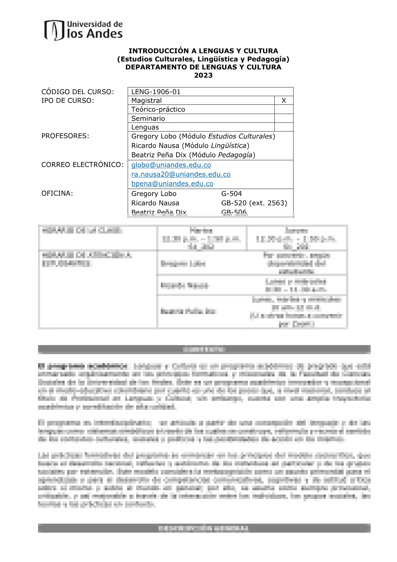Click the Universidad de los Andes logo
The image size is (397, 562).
pyautogui.click(x=83, y=30)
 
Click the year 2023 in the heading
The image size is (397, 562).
pyautogui.click(x=203, y=75)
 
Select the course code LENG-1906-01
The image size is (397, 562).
pyautogui.click(x=156, y=92)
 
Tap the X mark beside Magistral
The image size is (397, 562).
pyautogui.click(x=284, y=100)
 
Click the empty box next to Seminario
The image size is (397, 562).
pyautogui.click(x=284, y=118)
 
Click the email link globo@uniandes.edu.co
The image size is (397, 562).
pyautogui.click(x=171, y=165)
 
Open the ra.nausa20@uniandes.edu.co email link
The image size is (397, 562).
pyautogui.click(x=181, y=174)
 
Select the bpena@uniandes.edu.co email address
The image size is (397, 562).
pyautogui.click(x=172, y=184)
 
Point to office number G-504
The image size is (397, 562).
pyautogui.click(x=232, y=194)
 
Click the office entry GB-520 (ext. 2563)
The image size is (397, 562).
pyautogui.click(x=254, y=203)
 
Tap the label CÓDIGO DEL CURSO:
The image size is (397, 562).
pyautogui.click(x=78, y=92)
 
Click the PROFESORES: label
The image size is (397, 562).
pyautogui.click(x=65, y=136)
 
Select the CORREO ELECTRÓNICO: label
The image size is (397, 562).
pyautogui.click(x=82, y=165)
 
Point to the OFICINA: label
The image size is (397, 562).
pyautogui.click(x=57, y=193)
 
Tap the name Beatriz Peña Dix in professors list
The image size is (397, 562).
pyautogui.click(x=159, y=155)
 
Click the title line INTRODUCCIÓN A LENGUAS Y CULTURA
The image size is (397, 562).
pyautogui.click(x=203, y=51)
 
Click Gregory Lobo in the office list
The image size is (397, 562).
pyautogui.click(x=154, y=194)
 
